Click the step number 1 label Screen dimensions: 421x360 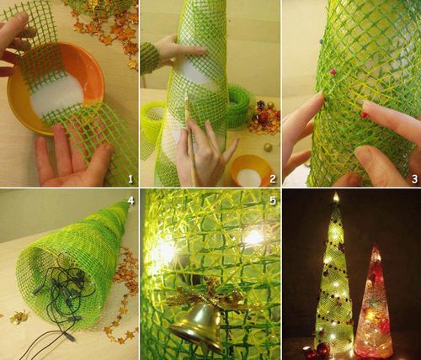(x=131, y=179)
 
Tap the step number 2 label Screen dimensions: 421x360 (x=273, y=179)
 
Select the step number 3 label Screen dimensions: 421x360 (x=414, y=179)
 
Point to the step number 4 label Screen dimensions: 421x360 (x=131, y=200)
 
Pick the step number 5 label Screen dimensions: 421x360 (x=273, y=200)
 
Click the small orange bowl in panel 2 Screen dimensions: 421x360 (x=251, y=171)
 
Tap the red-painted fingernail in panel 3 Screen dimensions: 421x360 (x=364, y=114)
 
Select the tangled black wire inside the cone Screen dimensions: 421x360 (x=61, y=297)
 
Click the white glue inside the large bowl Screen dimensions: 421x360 (x=57, y=98)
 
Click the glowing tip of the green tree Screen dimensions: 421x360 (x=336, y=196)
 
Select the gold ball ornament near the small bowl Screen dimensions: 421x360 (x=268, y=146)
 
